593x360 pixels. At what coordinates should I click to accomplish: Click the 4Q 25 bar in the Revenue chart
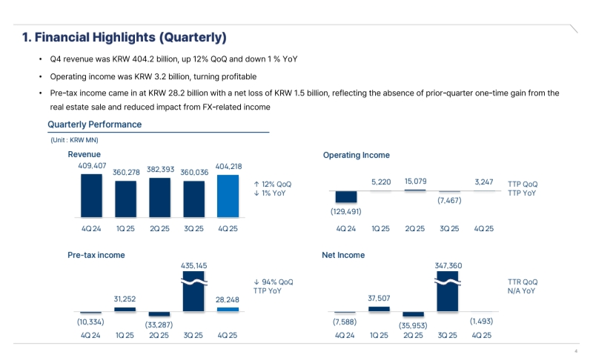tap(228, 196)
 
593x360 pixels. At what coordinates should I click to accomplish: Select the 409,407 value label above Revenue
tap(92, 166)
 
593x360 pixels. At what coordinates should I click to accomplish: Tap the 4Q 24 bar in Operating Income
tap(346, 197)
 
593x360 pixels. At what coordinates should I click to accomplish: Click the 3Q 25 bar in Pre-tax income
tap(193, 293)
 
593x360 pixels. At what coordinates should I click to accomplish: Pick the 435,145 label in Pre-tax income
tap(194, 264)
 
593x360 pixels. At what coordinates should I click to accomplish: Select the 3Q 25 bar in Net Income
tap(448, 293)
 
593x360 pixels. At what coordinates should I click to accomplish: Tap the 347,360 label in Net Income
tap(448, 264)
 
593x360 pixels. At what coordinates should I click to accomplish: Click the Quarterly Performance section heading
tap(94, 124)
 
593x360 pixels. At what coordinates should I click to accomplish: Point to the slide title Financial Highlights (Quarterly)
tap(124, 37)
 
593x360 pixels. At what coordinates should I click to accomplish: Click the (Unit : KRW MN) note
tap(73, 140)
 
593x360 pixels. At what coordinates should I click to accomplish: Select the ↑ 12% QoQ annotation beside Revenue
tap(272, 184)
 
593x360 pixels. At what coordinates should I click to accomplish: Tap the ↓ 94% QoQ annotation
tap(273, 282)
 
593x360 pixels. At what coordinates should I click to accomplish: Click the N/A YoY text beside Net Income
tap(522, 291)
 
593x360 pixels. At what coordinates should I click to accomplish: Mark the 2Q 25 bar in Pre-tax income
tap(159, 315)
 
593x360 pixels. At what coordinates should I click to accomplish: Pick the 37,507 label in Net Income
tap(379, 299)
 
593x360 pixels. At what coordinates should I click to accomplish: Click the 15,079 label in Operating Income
tap(414, 181)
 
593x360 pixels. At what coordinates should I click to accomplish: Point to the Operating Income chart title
tap(356, 155)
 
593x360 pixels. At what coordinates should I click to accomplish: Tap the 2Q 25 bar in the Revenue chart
tap(159, 199)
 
